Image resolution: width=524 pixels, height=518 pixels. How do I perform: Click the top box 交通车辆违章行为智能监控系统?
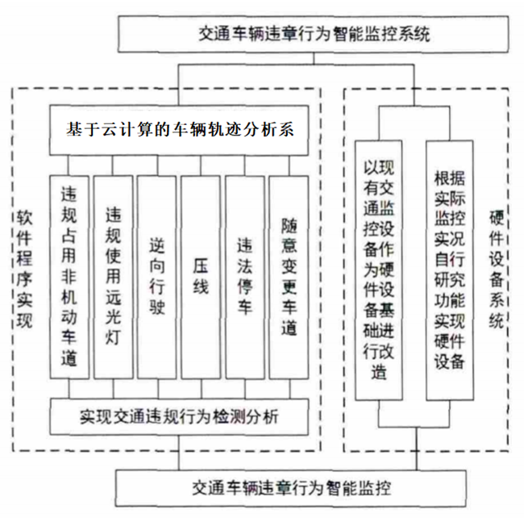coord(315,35)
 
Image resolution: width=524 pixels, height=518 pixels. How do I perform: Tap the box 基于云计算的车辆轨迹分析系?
coord(180,130)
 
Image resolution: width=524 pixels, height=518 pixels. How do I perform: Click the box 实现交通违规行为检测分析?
coord(180,417)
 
